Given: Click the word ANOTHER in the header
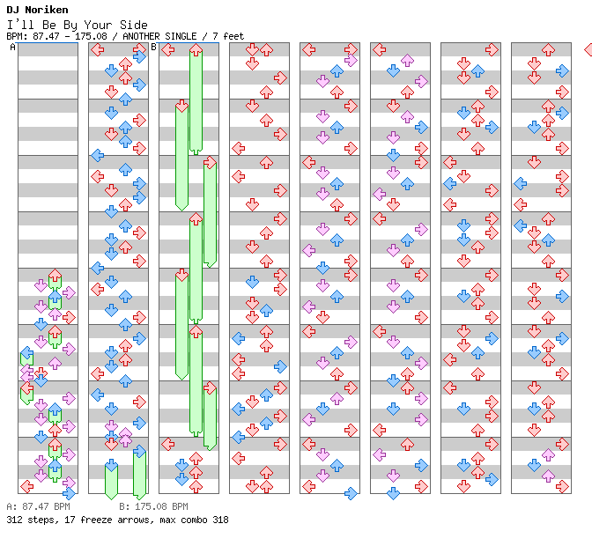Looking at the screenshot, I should click(144, 36).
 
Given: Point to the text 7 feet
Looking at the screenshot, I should click(228, 36).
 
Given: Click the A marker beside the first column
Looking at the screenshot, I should click(12, 47).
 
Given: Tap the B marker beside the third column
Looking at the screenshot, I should click(153, 47).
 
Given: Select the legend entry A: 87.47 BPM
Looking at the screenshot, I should click(38, 507).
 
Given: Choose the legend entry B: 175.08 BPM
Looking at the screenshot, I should click(153, 507).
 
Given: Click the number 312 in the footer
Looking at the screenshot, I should click(14, 520).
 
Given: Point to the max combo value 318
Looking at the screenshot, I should click(219, 520).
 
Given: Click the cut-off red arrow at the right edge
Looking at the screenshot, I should click(588, 49).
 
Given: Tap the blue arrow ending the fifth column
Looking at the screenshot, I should click(351, 493).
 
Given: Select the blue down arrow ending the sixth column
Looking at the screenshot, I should click(393, 493).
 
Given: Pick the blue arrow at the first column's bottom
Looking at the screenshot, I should click(69, 493).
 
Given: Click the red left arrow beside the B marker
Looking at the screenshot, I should click(167, 49).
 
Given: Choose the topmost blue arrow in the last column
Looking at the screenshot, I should click(562, 70).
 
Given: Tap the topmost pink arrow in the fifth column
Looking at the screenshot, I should click(351, 60).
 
